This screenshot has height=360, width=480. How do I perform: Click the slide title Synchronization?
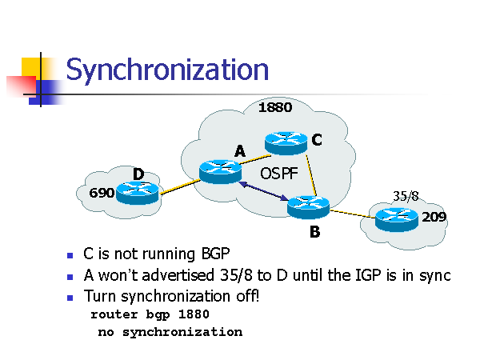click(166, 70)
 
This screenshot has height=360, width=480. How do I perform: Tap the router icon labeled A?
click(220, 170)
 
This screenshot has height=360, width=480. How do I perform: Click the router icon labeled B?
click(309, 206)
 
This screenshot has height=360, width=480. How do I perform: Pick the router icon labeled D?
click(136, 192)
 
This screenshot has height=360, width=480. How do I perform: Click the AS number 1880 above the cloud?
click(274, 107)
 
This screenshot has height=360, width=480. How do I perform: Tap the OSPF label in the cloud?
click(278, 172)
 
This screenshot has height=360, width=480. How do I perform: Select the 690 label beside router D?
click(101, 193)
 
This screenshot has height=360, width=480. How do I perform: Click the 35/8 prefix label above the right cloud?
click(406, 194)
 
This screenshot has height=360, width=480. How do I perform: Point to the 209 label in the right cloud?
click(434, 216)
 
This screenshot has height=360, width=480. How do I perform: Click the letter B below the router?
click(314, 234)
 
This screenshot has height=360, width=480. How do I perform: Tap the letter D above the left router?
click(138, 174)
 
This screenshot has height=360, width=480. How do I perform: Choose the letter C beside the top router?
click(317, 140)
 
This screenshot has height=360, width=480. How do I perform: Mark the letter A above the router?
click(239, 151)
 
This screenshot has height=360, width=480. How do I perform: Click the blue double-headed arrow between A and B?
click(263, 193)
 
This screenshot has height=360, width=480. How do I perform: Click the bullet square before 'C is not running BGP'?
click(70, 255)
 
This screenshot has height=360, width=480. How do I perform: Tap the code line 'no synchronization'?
click(170, 331)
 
